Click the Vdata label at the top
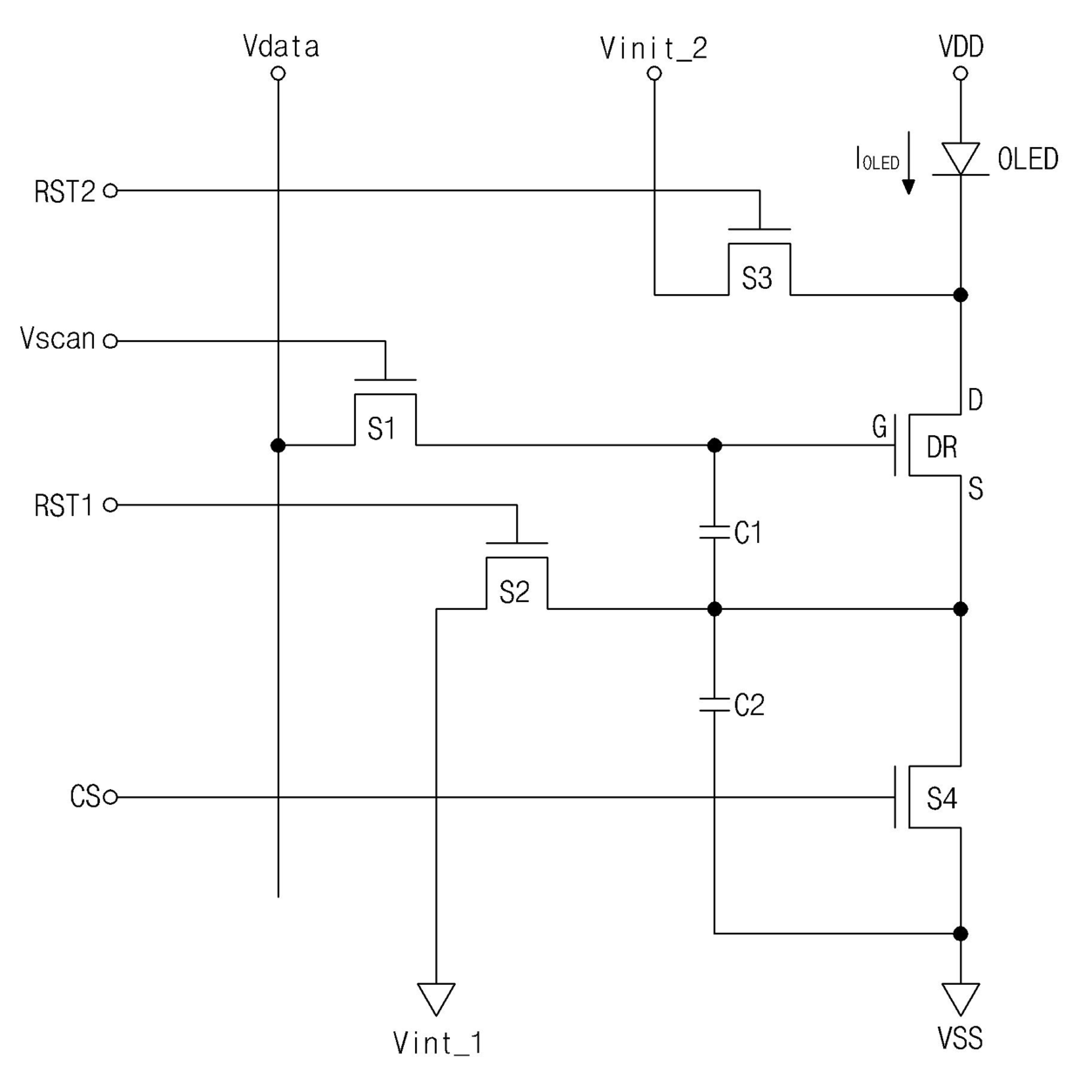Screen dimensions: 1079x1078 (x=281, y=46)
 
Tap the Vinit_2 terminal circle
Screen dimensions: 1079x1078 (x=654, y=73)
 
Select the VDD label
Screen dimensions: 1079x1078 (x=961, y=46)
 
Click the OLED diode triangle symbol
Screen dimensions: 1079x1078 (x=961, y=159)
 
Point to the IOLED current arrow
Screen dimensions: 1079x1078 (x=908, y=163)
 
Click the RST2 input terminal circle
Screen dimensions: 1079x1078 (x=111, y=191)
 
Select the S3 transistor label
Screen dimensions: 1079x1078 (x=757, y=278)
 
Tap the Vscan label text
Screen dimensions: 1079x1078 (x=57, y=338)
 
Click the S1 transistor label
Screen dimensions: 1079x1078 (x=382, y=429)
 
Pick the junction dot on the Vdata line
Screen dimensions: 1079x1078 (x=278, y=445)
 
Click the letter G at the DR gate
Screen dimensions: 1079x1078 (x=880, y=427)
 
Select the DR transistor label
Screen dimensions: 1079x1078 (x=942, y=447)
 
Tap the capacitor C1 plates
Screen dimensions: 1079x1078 (x=714, y=532)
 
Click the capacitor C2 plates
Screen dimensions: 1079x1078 (x=714, y=705)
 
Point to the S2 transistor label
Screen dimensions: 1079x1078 (x=514, y=593)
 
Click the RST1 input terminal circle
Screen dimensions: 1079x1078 (x=111, y=506)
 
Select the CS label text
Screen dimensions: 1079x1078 (x=85, y=796)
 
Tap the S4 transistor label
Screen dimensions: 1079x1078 (x=942, y=799)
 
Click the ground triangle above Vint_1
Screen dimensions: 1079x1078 (x=436, y=999)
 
